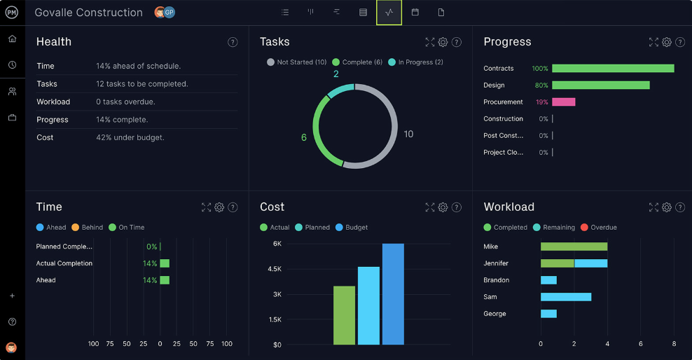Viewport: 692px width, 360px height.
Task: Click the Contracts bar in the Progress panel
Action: coord(613,69)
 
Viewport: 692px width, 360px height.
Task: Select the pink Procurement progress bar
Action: coord(563,102)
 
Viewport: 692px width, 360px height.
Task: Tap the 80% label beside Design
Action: coord(541,85)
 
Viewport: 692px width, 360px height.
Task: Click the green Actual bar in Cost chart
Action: coord(344,315)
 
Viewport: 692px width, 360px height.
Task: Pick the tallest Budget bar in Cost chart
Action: coord(393,294)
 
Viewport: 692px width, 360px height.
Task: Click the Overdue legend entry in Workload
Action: coord(603,228)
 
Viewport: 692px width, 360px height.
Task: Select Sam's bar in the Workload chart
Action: coord(566,297)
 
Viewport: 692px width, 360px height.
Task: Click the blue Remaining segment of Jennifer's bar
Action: coord(590,263)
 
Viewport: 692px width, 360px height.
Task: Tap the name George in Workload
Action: coord(494,314)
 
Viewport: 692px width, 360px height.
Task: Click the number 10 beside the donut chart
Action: coord(408,134)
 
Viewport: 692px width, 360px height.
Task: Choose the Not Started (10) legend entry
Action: coord(296,62)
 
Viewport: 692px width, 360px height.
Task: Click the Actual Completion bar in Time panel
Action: coord(165,263)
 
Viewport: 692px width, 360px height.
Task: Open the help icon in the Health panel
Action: coord(233,42)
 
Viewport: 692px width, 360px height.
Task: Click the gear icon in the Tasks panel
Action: coord(443,42)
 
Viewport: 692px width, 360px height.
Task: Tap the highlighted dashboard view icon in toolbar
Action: coord(389,13)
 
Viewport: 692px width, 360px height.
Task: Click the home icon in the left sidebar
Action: coord(12,39)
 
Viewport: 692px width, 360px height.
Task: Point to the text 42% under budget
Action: coord(130,138)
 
